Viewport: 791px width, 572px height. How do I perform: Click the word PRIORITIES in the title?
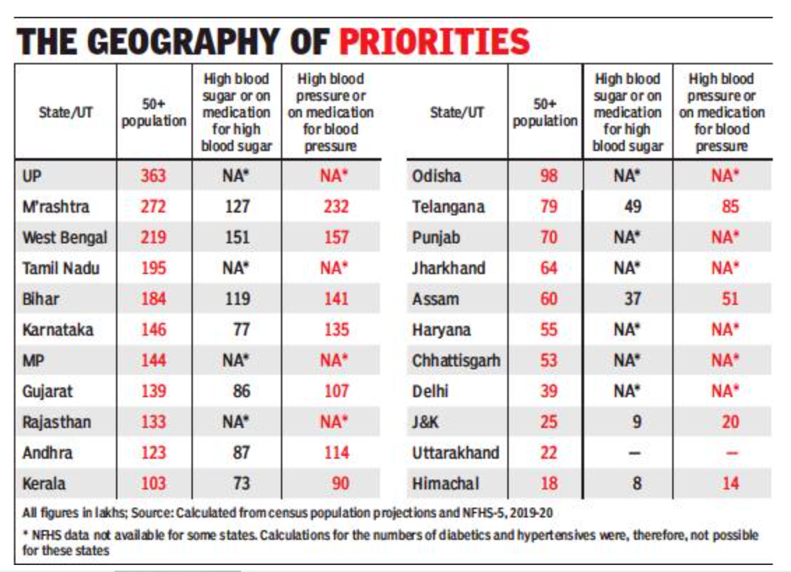pyautogui.click(x=434, y=41)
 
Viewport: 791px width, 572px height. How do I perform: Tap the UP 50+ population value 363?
pyautogui.click(x=153, y=176)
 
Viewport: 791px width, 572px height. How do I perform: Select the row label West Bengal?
pyautogui.click(x=65, y=237)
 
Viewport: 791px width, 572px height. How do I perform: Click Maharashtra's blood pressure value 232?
pyautogui.click(x=336, y=206)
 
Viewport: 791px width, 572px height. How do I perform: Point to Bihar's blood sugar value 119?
pyautogui.click(x=237, y=299)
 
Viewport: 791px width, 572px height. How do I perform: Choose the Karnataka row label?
pyautogui.click(x=57, y=329)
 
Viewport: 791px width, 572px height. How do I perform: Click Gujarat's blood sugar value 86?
pyautogui.click(x=241, y=391)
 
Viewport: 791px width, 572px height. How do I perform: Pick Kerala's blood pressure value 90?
pyautogui.click(x=340, y=483)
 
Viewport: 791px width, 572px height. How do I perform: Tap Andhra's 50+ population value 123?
pyautogui.click(x=153, y=452)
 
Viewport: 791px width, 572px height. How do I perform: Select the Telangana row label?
pyautogui.click(x=448, y=206)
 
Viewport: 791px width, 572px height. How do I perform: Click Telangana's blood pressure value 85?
pyautogui.click(x=730, y=206)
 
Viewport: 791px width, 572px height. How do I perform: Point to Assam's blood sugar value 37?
pyautogui.click(x=632, y=299)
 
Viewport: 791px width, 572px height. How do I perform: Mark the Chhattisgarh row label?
pyautogui.click(x=456, y=360)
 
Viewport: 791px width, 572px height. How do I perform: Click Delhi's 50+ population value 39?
pyautogui.click(x=549, y=391)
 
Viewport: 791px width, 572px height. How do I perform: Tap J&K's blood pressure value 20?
pyautogui.click(x=730, y=422)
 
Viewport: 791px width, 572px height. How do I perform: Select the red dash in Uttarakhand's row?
pyautogui.click(x=730, y=452)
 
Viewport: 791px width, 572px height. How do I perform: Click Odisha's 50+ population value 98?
pyautogui.click(x=549, y=176)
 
